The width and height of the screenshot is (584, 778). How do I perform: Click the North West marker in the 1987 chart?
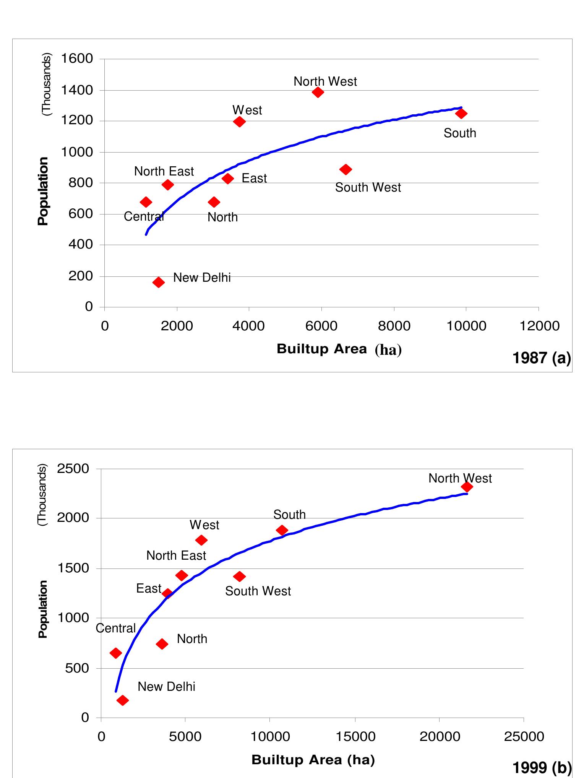pyautogui.click(x=318, y=92)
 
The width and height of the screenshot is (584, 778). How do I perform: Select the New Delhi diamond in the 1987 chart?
pyautogui.click(x=159, y=283)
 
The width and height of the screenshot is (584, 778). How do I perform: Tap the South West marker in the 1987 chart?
pyautogui.click(x=346, y=169)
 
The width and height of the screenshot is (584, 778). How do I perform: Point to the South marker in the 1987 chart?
pyautogui.click(x=461, y=114)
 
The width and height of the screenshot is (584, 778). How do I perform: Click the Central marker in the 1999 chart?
pyautogui.click(x=115, y=653)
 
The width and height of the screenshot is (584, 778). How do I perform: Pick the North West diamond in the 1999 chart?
pyautogui.click(x=467, y=487)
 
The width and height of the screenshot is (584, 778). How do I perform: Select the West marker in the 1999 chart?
pyautogui.click(x=201, y=540)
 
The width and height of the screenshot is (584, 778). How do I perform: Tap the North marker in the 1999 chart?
pyautogui.click(x=162, y=644)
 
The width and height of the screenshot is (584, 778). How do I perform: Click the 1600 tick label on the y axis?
pyautogui.click(x=77, y=58)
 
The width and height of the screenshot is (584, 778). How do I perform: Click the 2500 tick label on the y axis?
pyautogui.click(x=73, y=468)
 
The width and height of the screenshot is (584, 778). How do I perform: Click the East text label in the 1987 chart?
pyautogui.click(x=254, y=179)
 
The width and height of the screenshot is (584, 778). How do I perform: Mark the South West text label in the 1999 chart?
pyautogui.click(x=258, y=591)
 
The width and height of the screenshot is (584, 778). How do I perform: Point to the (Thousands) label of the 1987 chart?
pyautogui.click(x=46, y=85)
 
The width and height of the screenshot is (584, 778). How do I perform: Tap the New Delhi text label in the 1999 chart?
pyautogui.click(x=166, y=687)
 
